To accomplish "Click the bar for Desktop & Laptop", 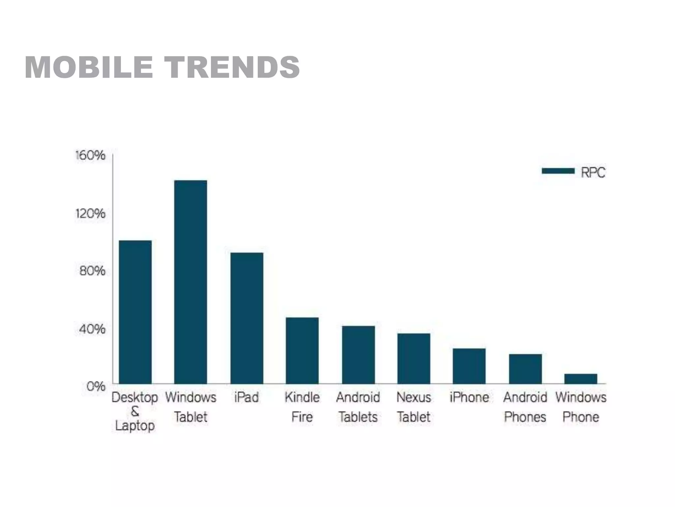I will (135, 312).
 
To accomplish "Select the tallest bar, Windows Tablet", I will (191, 282).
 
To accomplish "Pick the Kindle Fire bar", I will (302, 351).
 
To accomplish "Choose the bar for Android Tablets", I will (358, 355).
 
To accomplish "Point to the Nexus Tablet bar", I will (414, 358).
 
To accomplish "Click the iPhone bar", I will (469, 366).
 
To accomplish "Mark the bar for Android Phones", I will (525, 369).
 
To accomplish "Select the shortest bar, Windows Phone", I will (580, 379).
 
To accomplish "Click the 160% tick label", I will (90, 155).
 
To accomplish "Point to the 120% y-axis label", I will (90, 214).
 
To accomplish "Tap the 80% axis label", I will (92, 271).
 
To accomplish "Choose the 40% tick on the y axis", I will (92, 329).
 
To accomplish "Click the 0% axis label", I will (96, 386).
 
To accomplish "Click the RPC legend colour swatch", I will (558, 171).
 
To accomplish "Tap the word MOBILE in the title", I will (89, 67).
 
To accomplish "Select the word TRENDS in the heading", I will (232, 67).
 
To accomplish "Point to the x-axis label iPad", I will (247, 397).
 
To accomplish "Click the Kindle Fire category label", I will (302, 407).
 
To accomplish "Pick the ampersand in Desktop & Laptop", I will (135, 411).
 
